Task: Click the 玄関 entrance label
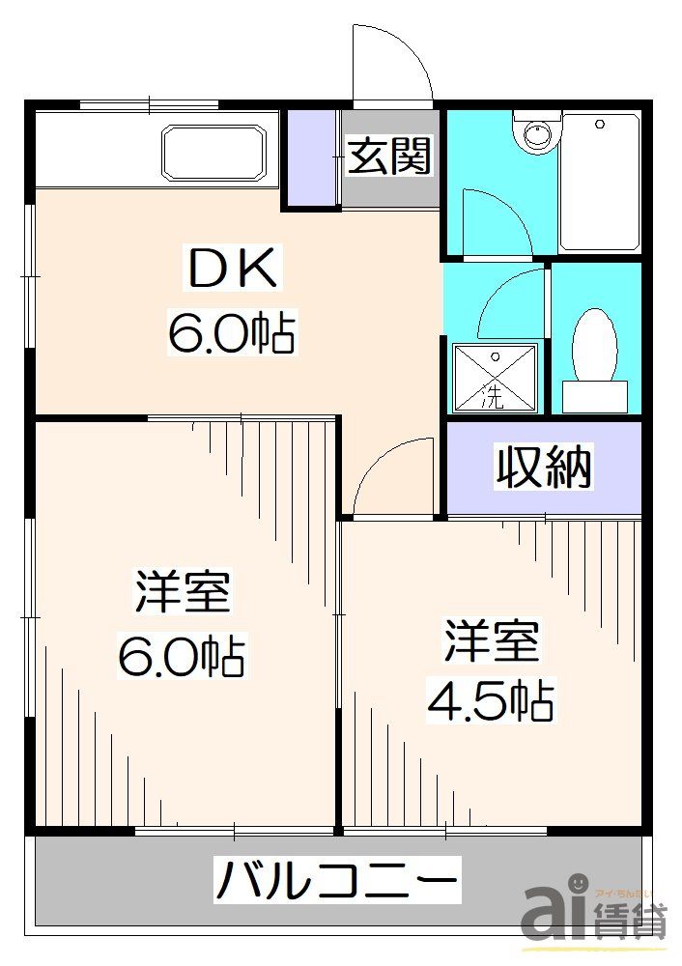click(390, 156)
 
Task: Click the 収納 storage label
click(544, 468)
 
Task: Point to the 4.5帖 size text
click(491, 700)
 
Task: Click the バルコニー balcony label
click(337, 881)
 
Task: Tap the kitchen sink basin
click(214, 152)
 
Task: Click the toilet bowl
click(594, 345)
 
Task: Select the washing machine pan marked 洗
click(493, 378)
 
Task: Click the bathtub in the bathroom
click(599, 183)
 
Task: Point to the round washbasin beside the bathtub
click(537, 134)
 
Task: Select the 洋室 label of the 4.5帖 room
click(492, 642)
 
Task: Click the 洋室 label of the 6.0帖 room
click(183, 592)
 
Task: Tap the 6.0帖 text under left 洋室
click(182, 657)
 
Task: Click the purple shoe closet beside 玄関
click(310, 158)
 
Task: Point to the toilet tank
click(594, 395)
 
